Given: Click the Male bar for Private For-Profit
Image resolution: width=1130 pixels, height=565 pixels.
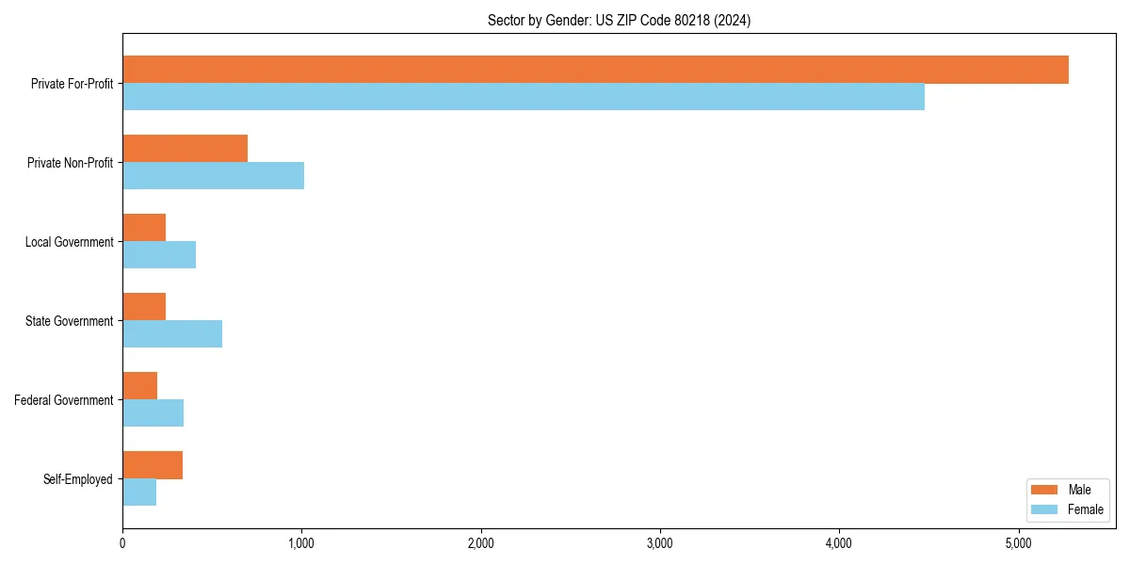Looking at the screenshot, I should (x=595, y=70).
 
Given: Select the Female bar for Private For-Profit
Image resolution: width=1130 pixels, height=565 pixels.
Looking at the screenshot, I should (x=524, y=97).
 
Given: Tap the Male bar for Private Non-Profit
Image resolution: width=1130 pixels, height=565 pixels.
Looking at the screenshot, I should (x=185, y=149).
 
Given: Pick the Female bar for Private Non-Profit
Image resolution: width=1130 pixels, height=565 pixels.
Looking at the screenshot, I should (x=213, y=176).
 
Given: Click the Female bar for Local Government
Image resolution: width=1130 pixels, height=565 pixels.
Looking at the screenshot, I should (x=159, y=255).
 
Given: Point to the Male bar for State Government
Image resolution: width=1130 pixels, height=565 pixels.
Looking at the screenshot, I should (x=144, y=307).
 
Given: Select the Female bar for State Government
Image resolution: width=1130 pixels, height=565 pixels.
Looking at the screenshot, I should (x=172, y=334).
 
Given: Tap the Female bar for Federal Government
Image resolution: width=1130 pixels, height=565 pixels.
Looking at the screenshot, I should (x=153, y=413).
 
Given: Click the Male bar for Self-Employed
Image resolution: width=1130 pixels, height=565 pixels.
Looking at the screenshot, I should (x=153, y=465).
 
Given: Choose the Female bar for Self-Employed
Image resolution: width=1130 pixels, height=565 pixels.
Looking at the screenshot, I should (x=139, y=492).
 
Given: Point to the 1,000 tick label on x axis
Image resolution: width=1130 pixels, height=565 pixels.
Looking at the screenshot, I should (x=301, y=543).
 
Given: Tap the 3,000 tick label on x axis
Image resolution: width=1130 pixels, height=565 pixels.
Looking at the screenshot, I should (x=660, y=543).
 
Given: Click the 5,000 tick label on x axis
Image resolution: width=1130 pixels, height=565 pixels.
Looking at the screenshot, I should (x=1019, y=543).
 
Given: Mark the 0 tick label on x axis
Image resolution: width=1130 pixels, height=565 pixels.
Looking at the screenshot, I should (x=122, y=543).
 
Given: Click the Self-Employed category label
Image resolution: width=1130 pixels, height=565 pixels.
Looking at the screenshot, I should (x=78, y=479).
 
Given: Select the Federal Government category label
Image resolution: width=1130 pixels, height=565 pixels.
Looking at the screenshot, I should (x=64, y=400).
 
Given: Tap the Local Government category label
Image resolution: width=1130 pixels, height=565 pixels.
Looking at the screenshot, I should (x=70, y=242).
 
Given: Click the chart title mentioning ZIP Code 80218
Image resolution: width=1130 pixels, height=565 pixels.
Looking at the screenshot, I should (x=619, y=20).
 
